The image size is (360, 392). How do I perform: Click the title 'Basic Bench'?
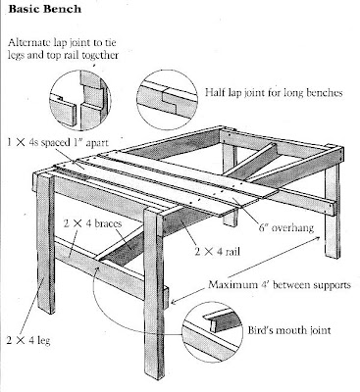click(x=45, y=9)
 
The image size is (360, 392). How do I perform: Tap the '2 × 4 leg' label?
click(x=28, y=340)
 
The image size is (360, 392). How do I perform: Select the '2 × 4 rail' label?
click(x=218, y=252)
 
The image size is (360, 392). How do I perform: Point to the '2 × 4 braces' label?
click(x=92, y=223)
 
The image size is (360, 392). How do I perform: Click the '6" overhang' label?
click(x=286, y=227)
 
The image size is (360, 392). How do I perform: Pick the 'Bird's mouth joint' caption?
click(x=289, y=330)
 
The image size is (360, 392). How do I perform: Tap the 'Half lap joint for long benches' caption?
click(x=274, y=93)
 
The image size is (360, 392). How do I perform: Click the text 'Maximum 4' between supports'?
click(x=280, y=284)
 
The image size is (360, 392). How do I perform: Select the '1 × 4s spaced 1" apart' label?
click(x=58, y=142)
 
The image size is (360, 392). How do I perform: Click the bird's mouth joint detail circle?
click(x=212, y=331)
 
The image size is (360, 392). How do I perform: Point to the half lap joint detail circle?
click(x=167, y=100)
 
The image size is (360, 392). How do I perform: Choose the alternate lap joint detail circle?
click(x=80, y=99)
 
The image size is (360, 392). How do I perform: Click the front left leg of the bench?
click(x=45, y=243)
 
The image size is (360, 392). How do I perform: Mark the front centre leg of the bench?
click(x=154, y=293)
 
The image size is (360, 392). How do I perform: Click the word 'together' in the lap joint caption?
click(x=100, y=55)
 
